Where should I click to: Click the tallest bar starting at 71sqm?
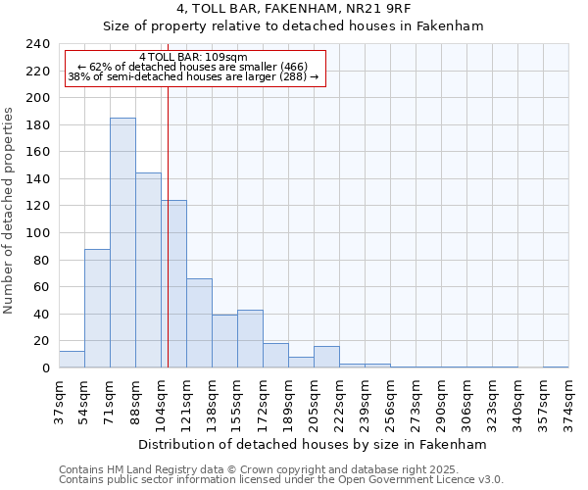tap(122, 243)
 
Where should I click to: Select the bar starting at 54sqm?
tap(97, 309)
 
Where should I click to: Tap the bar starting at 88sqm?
tap(148, 270)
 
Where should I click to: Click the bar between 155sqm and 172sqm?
tap(250, 339)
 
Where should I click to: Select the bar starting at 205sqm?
tap(326, 357)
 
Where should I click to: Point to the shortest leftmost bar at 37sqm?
tap(72, 360)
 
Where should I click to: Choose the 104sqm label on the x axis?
tap(161, 401)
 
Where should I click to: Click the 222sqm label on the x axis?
tap(339, 401)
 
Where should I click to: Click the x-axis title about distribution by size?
tap(313, 444)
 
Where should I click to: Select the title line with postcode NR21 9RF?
tap(294, 9)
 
